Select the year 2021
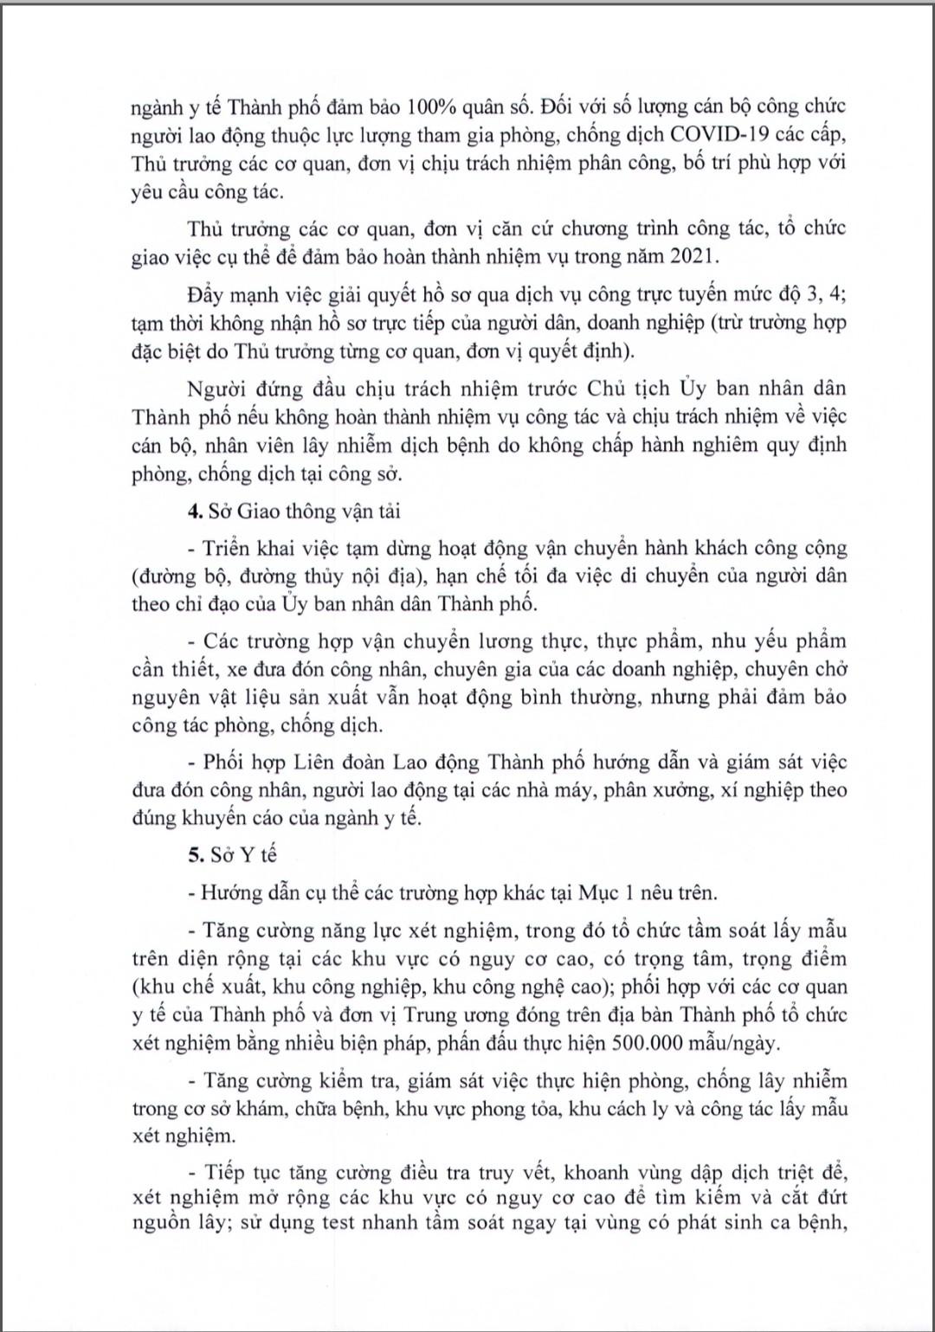pyautogui.click(x=689, y=256)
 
